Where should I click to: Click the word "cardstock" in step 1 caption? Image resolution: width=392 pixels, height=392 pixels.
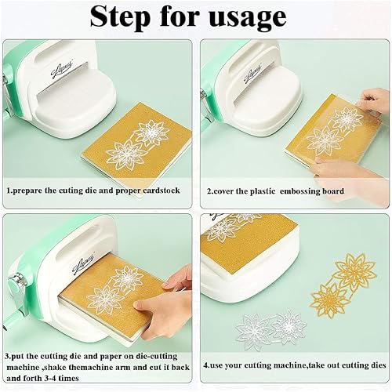(x=162, y=191)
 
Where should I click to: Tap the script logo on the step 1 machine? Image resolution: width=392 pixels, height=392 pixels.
(x=62, y=69)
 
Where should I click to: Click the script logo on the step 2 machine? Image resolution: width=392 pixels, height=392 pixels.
(x=252, y=74)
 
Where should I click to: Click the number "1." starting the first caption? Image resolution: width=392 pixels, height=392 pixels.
(x=9, y=191)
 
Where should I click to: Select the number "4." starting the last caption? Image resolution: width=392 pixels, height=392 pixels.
(x=206, y=365)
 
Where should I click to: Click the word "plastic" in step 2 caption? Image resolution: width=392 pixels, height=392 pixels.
(x=263, y=191)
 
